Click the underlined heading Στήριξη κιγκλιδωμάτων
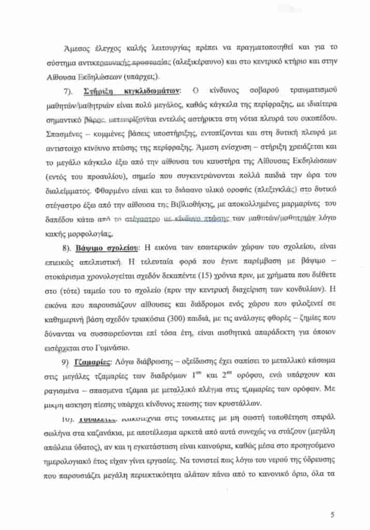point(131,92)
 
